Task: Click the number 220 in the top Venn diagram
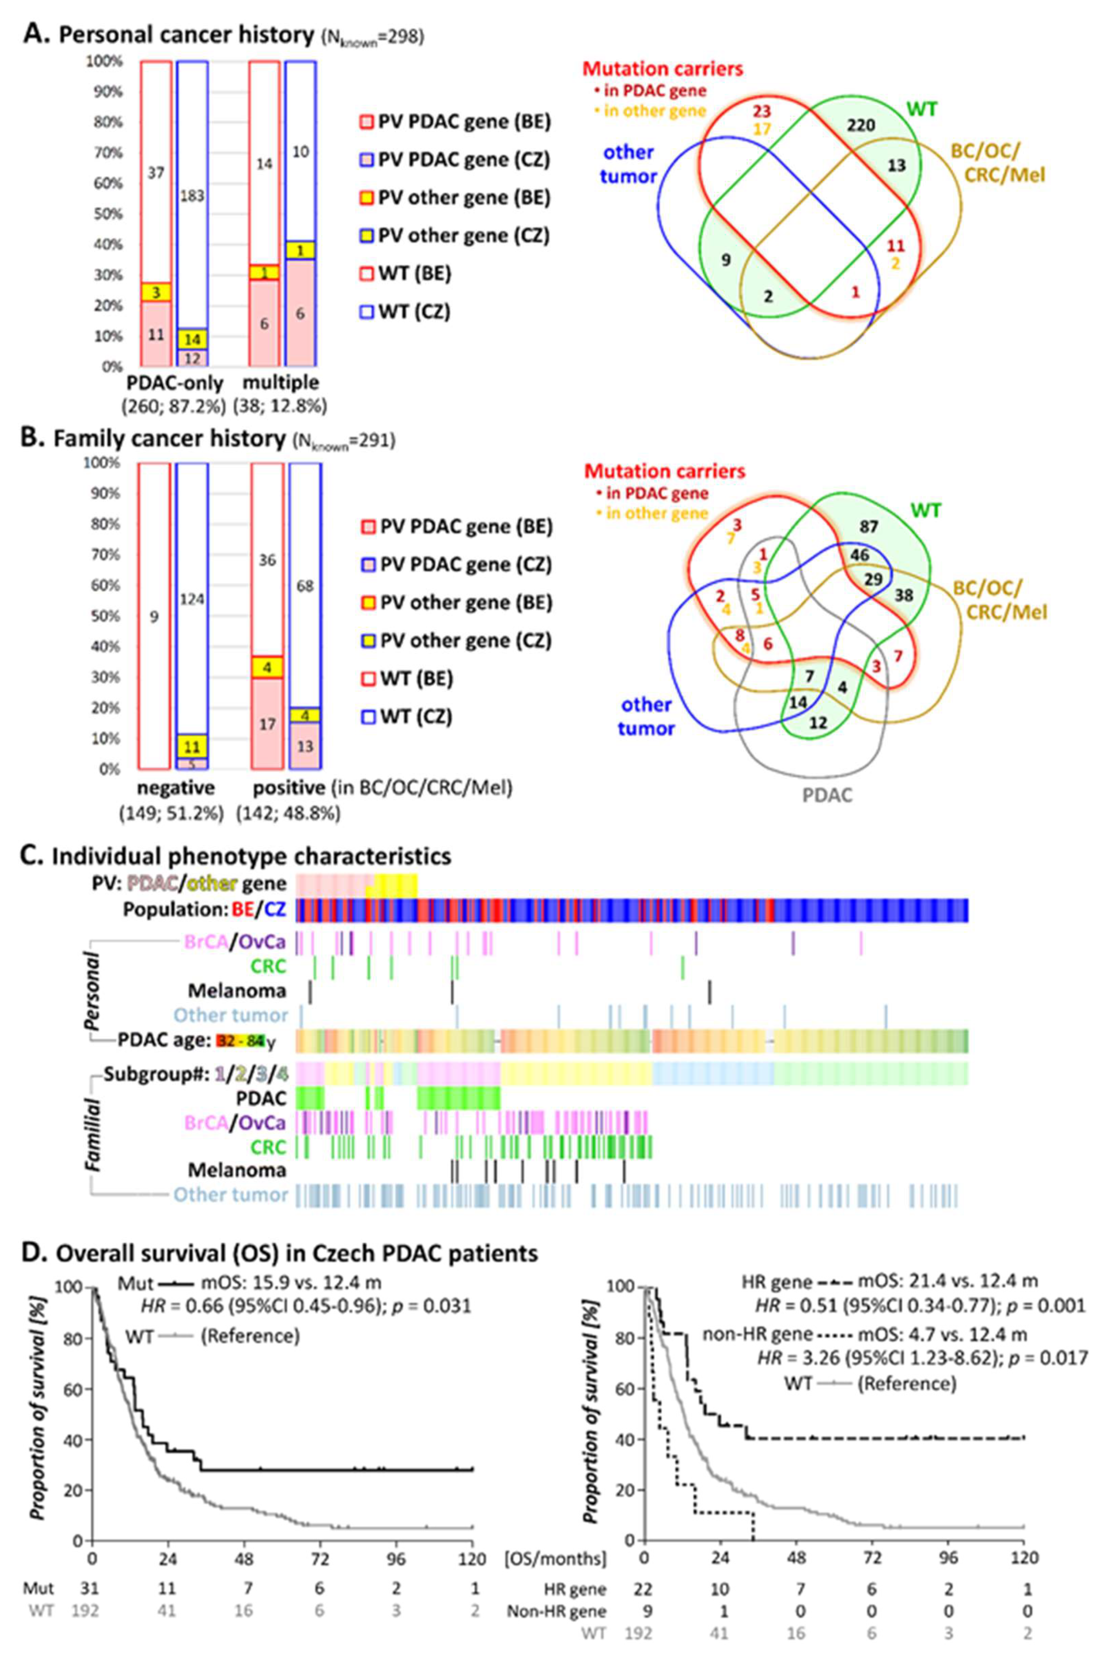[861, 126]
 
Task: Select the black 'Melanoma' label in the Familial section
[237, 1171]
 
